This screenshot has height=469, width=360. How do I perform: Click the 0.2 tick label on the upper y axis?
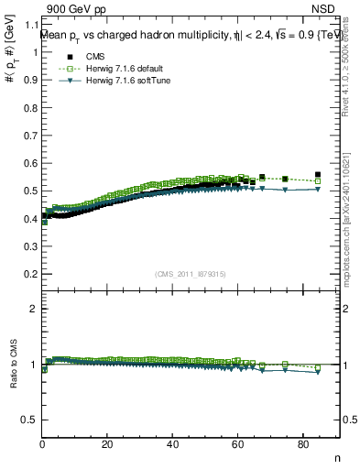point(30,274)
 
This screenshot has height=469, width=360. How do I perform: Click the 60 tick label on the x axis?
point(238,445)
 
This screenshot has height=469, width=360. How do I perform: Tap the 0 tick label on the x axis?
point(43,445)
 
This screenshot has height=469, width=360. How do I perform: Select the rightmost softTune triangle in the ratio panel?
point(318,372)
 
